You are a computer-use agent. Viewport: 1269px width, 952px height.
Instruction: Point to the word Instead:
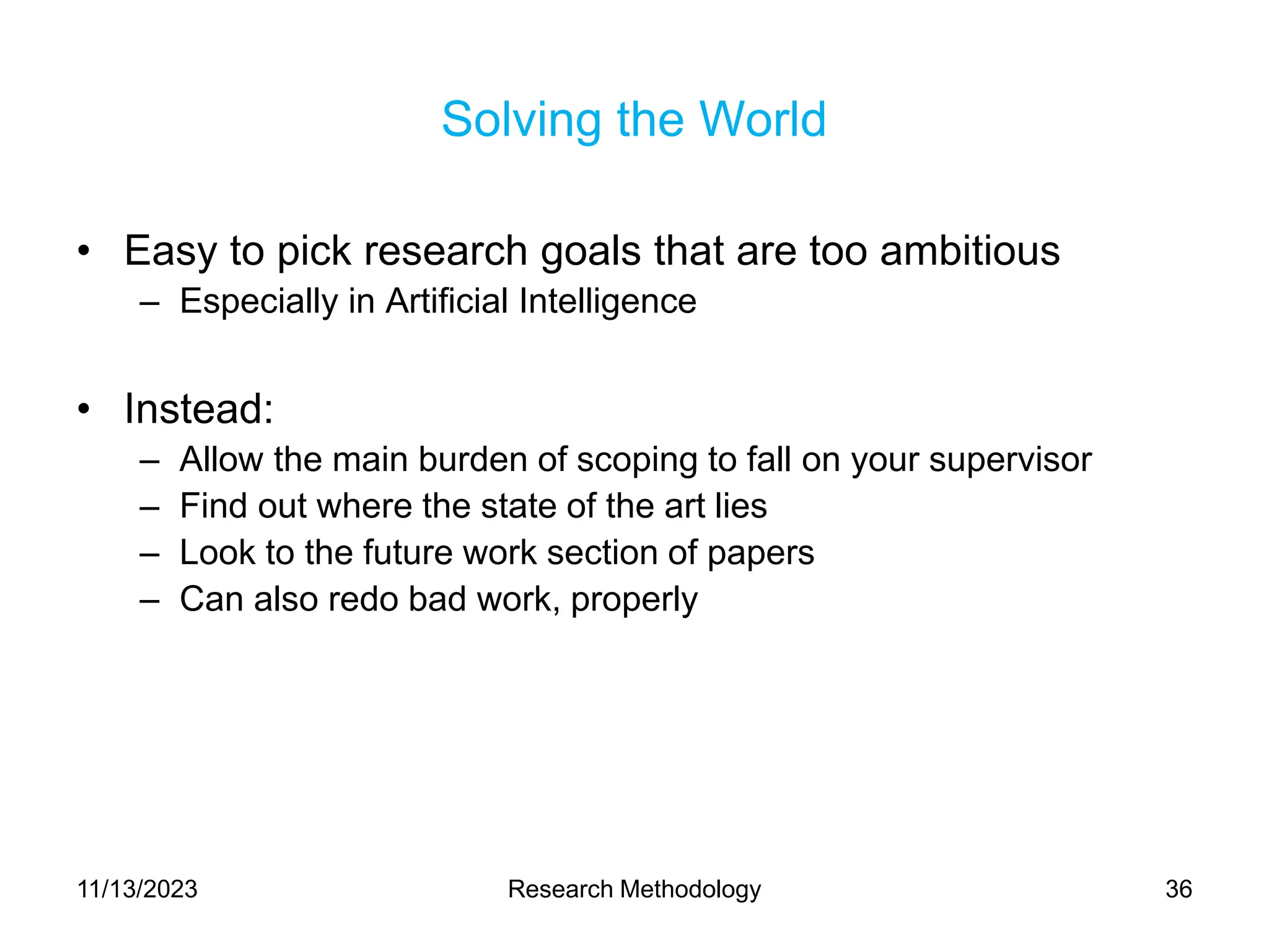click(198, 409)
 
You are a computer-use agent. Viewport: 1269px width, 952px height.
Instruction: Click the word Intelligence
click(607, 301)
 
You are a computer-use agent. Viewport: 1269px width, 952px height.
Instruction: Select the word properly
click(634, 600)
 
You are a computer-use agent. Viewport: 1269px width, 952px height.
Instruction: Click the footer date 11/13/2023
click(137, 889)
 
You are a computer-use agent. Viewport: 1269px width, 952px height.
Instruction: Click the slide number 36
click(1179, 889)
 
